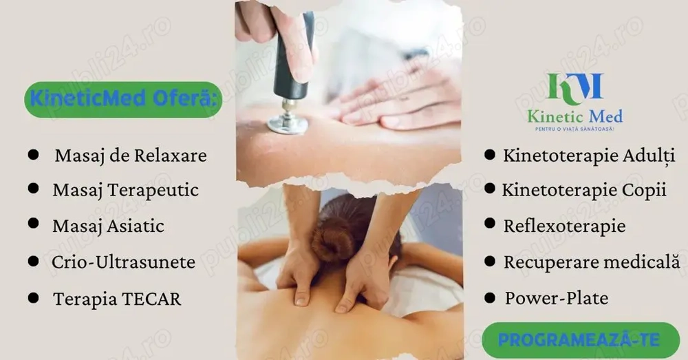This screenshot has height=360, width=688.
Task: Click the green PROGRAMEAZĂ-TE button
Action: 581,340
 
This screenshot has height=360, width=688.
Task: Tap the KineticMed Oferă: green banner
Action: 123,99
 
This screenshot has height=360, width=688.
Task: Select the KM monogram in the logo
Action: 574,89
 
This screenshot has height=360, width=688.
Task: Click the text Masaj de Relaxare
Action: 130,156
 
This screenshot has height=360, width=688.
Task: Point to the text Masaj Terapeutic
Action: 125,191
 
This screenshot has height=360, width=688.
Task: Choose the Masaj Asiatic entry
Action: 109,226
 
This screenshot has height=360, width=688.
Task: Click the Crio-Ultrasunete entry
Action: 123,262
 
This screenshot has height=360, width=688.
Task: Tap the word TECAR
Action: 151,299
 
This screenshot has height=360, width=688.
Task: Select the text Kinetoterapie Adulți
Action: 589,156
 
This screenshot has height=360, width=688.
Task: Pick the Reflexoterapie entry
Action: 564,226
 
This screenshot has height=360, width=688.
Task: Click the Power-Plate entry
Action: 557,298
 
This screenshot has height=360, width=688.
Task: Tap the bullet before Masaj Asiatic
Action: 33,223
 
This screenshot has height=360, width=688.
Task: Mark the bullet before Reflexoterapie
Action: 490,223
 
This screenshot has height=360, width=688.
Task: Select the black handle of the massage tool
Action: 293,57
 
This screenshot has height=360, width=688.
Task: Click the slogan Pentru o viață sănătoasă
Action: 574,129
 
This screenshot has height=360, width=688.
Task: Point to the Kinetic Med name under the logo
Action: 574,116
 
